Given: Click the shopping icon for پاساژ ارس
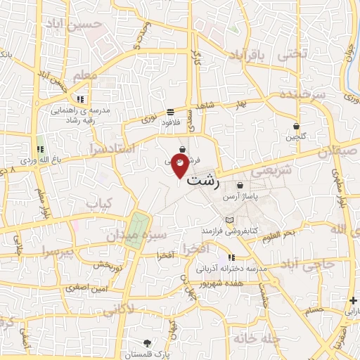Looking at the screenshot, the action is [x=240, y=186].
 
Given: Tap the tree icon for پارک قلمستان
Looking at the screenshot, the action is [x=146, y=343].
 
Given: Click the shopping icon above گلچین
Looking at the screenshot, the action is [x=297, y=127].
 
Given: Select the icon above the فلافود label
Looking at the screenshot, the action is [x=171, y=112].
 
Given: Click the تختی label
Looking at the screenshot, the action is [x=292, y=53].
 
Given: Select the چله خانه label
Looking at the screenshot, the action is [x=259, y=337].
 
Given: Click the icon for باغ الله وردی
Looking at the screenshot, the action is [x=40, y=150].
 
